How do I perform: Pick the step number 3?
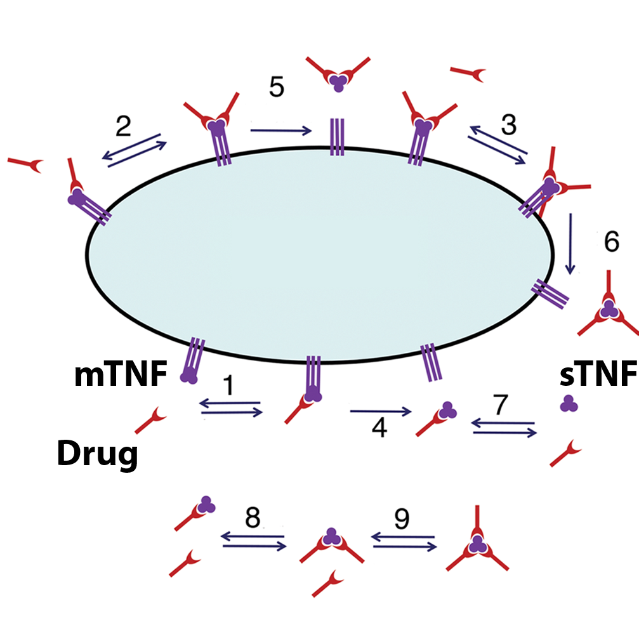pos(508,124)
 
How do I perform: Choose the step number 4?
pos(379,429)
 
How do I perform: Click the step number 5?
pos(276,86)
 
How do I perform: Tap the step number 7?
pos(502,406)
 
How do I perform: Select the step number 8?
pos(253,518)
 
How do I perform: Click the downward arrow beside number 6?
pos(571,244)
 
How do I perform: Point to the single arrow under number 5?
pos(281,131)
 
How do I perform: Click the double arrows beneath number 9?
pos(404,541)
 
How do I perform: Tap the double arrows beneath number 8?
pos(253,541)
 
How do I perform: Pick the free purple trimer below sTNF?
pos(569,403)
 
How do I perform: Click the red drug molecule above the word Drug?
pos(151,421)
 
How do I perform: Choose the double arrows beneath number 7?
pos(504,428)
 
